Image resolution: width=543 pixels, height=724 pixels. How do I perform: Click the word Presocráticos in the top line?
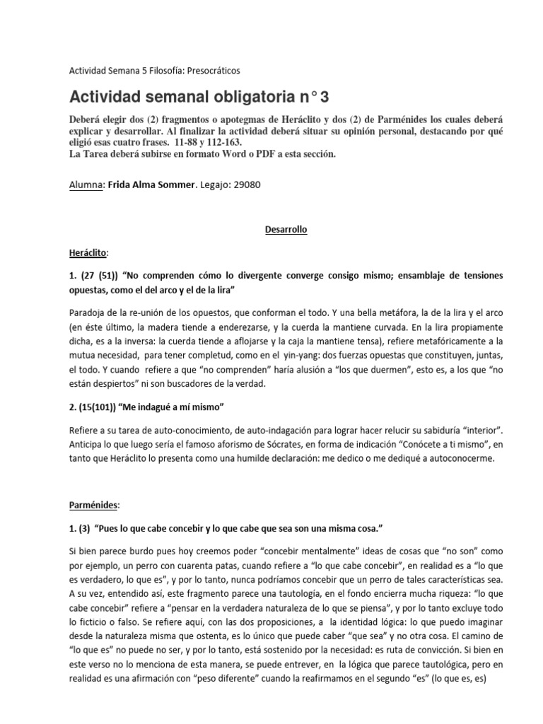click(x=210, y=71)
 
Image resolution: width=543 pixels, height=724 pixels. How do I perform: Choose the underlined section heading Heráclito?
click(x=88, y=251)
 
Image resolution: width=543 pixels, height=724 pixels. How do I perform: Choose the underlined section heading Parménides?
click(x=93, y=506)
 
